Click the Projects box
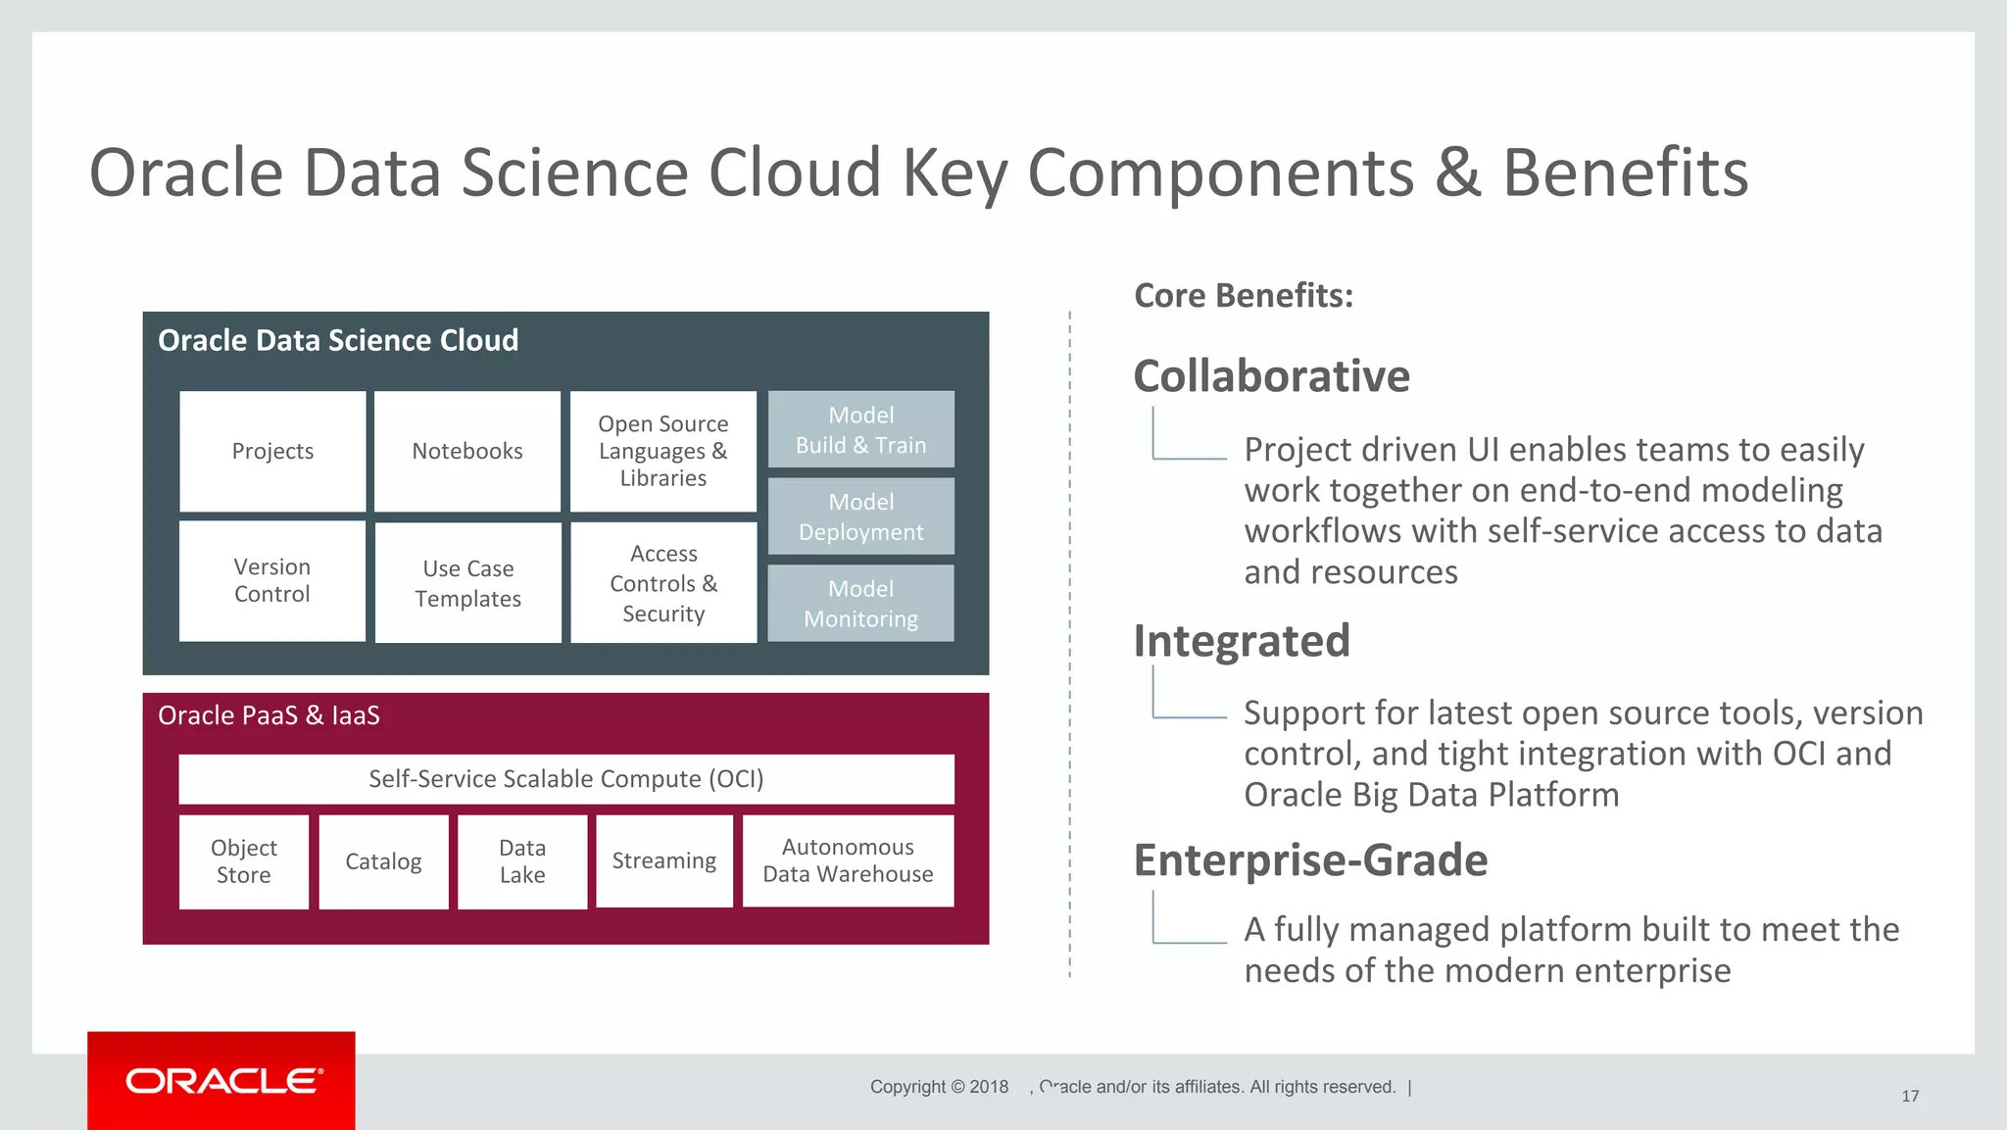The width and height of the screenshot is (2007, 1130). coord(272,451)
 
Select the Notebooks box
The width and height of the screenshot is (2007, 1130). coord(467,451)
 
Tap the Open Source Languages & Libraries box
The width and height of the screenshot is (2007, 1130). coord(663,451)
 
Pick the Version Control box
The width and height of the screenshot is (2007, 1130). coord(272,581)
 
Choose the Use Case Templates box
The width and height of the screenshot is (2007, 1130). coord(467,583)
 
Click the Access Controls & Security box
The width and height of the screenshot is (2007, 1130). coord(663,583)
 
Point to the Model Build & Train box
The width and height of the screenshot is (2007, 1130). coord(860,429)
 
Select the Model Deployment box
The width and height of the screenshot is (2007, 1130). coord(860,516)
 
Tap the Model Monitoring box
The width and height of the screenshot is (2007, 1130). coord(860,604)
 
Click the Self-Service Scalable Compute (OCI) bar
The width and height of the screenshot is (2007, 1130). coord(565,779)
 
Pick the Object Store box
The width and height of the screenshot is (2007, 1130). coord(244,861)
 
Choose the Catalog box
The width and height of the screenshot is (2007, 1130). coord(383,861)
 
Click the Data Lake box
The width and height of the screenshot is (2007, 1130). coord(522,861)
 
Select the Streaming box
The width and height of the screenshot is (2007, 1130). coord(664,860)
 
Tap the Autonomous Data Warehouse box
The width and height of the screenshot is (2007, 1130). coord(848,860)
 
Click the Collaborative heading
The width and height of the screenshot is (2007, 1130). coord(1271,376)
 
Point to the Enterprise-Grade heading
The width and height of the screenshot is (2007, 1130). coord(1310,860)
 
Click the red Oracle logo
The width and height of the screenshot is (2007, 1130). coord(221,1080)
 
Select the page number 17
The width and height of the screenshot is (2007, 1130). coord(1910,1096)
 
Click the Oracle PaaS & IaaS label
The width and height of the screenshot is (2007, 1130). coord(269,715)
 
